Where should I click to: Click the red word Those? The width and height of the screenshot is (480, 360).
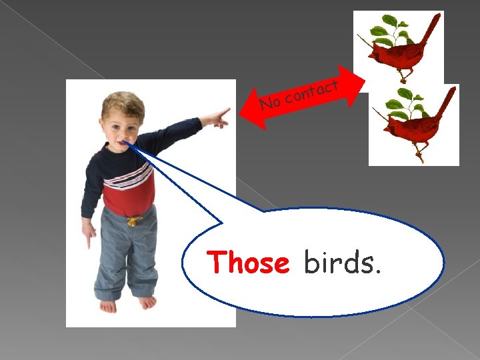pyautogui.click(x=248, y=263)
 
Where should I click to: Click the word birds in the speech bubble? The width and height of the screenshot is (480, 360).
pyautogui.click(x=343, y=263)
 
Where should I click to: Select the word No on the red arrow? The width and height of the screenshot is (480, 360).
pyautogui.click(x=270, y=103)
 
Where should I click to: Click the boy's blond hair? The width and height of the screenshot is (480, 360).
pyautogui.click(x=123, y=103)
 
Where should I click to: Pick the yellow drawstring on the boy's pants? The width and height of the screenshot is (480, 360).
pyautogui.click(x=134, y=220)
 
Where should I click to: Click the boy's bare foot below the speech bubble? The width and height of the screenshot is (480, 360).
pyautogui.click(x=147, y=302)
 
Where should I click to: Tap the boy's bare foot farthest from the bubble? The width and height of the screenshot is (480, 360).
pyautogui.click(x=107, y=305)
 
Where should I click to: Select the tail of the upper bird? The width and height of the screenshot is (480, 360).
pyautogui.click(x=431, y=29)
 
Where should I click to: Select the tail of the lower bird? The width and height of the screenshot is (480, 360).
pyautogui.click(x=446, y=103)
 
